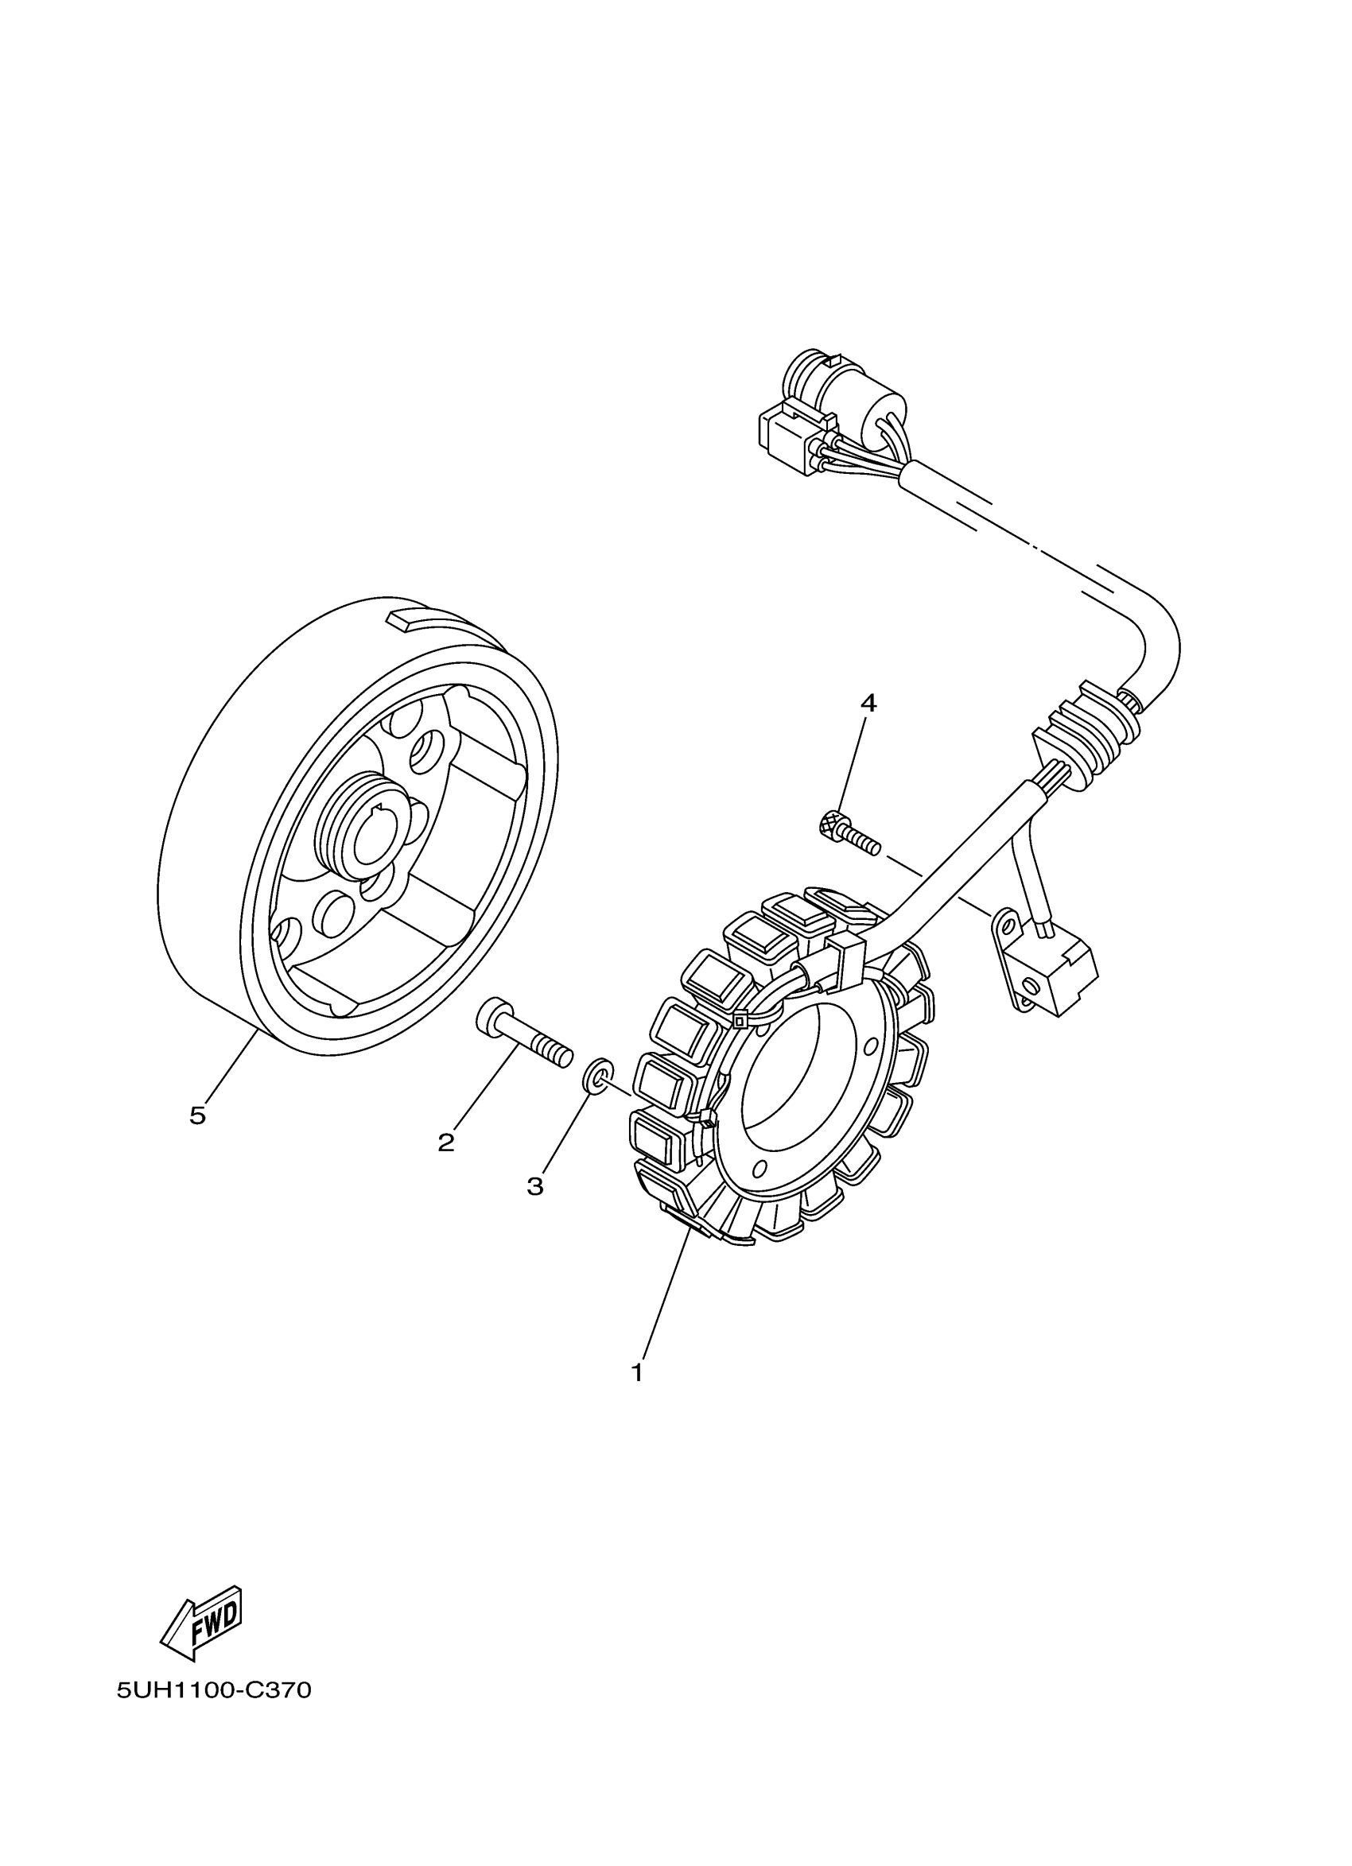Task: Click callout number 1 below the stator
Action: pos(637,1372)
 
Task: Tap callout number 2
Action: pos(446,1142)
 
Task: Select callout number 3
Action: pos(536,1185)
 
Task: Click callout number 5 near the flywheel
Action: pos(197,1115)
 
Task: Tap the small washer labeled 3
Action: pos(598,1077)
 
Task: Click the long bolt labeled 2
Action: pos(523,1032)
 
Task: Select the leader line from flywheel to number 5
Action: pos(231,1069)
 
